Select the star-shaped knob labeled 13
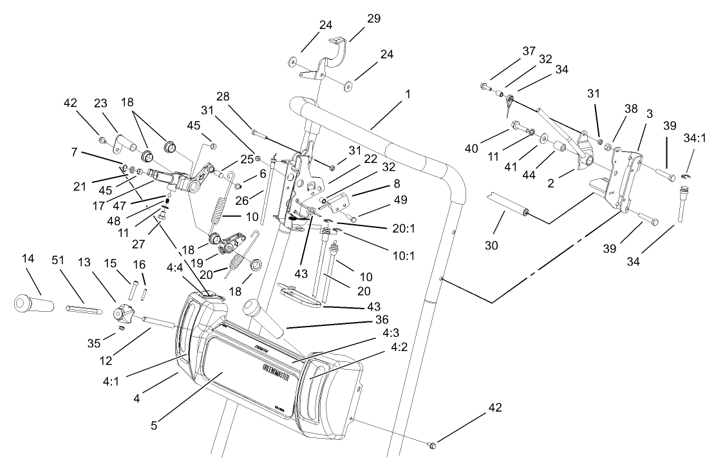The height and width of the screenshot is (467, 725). pyautogui.click(x=123, y=316)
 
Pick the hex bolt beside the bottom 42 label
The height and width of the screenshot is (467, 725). pyautogui.click(x=433, y=444)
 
